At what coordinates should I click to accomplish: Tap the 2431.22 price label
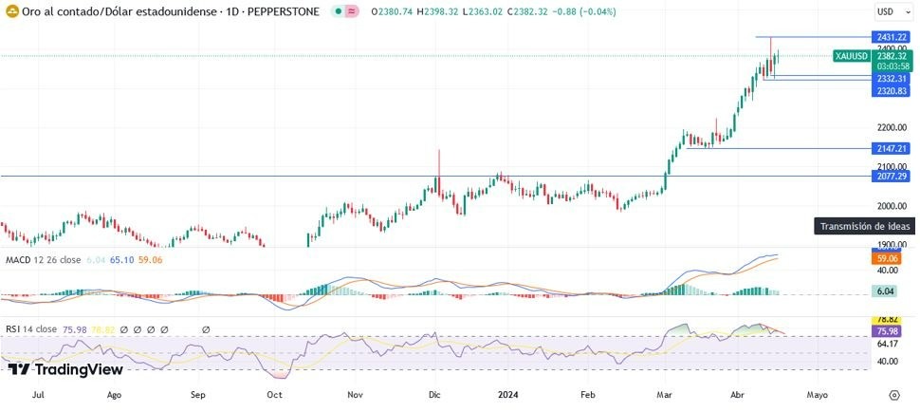pos(892,37)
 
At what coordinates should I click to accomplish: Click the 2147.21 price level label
pos(892,149)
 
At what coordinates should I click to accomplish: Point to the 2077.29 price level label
pos(892,177)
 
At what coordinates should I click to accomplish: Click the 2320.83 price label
pos(892,91)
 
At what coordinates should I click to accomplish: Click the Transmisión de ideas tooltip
pos(864,227)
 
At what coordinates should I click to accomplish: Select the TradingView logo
pos(64,369)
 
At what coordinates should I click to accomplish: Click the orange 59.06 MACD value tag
pos(886,258)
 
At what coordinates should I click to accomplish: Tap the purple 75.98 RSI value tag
pos(886,331)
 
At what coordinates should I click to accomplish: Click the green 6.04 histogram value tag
pos(886,292)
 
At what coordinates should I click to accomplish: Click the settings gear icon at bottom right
pos(894,394)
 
